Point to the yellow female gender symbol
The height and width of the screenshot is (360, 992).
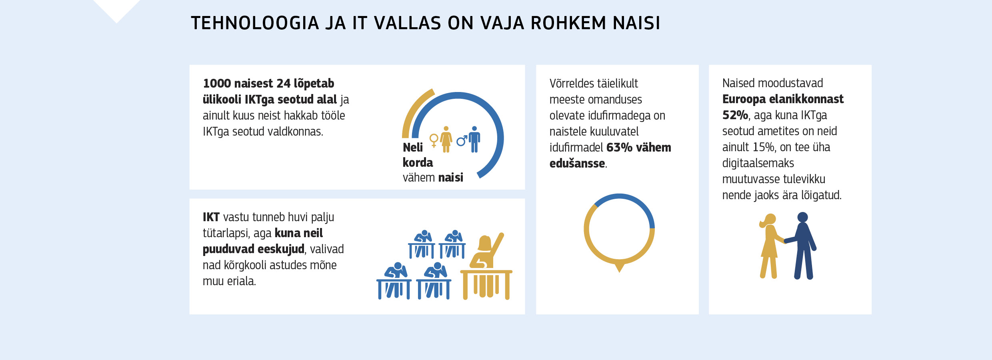pyautogui.click(x=434, y=140)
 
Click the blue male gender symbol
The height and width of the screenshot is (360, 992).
pyautogui.click(x=462, y=140)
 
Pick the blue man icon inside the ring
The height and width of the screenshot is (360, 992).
pyautogui.click(x=474, y=139)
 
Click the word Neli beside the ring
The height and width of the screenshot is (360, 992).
pyautogui.click(x=413, y=147)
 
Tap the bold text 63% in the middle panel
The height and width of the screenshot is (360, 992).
pyautogui.click(x=619, y=147)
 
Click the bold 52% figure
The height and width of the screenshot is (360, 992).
pyautogui.click(x=735, y=115)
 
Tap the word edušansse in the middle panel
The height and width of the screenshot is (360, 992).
pyautogui.click(x=577, y=163)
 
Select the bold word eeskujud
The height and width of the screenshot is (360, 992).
pyautogui.click(x=281, y=249)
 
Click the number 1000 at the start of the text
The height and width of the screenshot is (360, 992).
pyautogui.click(x=217, y=83)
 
